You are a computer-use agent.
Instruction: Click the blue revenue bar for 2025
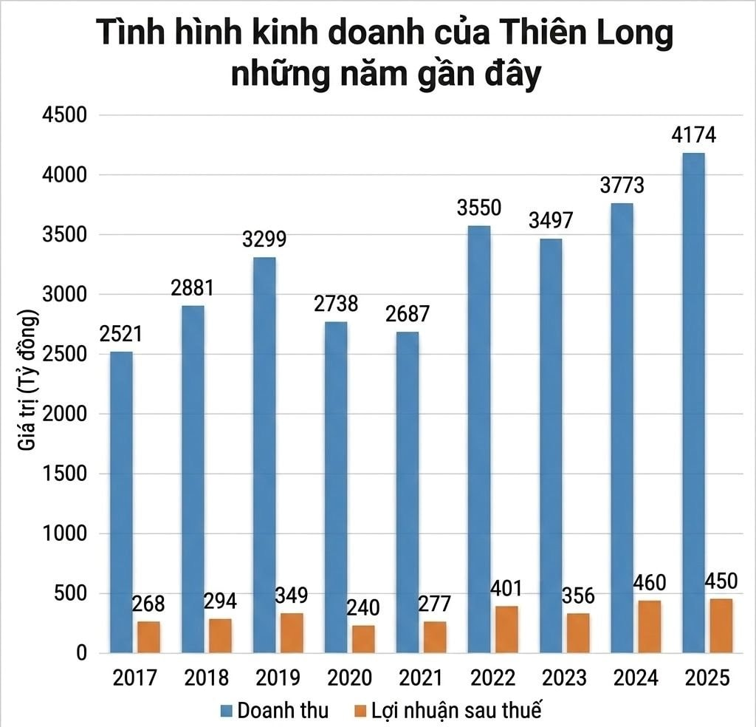[694, 403]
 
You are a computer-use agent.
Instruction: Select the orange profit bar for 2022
[506, 629]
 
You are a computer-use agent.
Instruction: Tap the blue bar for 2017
[122, 502]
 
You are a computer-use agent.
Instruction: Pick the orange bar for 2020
[363, 639]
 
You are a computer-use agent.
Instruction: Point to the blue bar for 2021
[408, 493]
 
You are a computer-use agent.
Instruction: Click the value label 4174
[694, 135]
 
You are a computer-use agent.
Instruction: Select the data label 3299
[264, 239]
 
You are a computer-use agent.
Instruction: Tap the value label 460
[650, 583]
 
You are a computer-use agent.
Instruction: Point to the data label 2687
[408, 313]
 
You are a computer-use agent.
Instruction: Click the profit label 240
[363, 607]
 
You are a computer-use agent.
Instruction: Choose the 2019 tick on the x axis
[278, 677]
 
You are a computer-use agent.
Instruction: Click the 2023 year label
[564, 677]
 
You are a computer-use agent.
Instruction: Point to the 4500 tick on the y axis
[65, 115]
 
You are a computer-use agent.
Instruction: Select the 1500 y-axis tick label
[65, 474]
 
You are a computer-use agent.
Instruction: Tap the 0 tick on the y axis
[81, 652]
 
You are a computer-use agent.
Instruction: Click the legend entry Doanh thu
[275, 711]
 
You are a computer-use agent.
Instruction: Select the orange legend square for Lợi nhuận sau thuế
[360, 711]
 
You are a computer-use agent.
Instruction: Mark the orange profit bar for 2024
[650, 627]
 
